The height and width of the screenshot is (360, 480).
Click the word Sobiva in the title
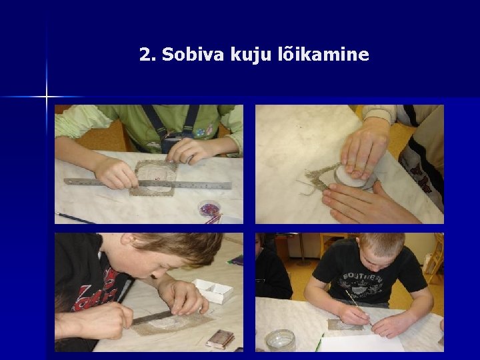(193, 54)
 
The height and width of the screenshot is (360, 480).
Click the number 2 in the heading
(145, 55)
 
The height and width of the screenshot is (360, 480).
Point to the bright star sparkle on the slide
(47, 97)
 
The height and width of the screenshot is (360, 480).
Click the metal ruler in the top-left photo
(147, 183)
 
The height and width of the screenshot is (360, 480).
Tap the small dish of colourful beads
(209, 209)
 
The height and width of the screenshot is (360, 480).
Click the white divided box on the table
(213, 291)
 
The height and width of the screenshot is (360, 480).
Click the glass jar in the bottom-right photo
(280, 340)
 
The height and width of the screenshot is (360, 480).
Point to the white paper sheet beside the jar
(361, 343)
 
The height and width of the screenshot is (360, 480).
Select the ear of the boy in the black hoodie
(129, 239)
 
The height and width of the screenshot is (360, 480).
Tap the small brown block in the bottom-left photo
(220, 339)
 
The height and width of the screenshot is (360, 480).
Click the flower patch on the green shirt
(204, 131)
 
